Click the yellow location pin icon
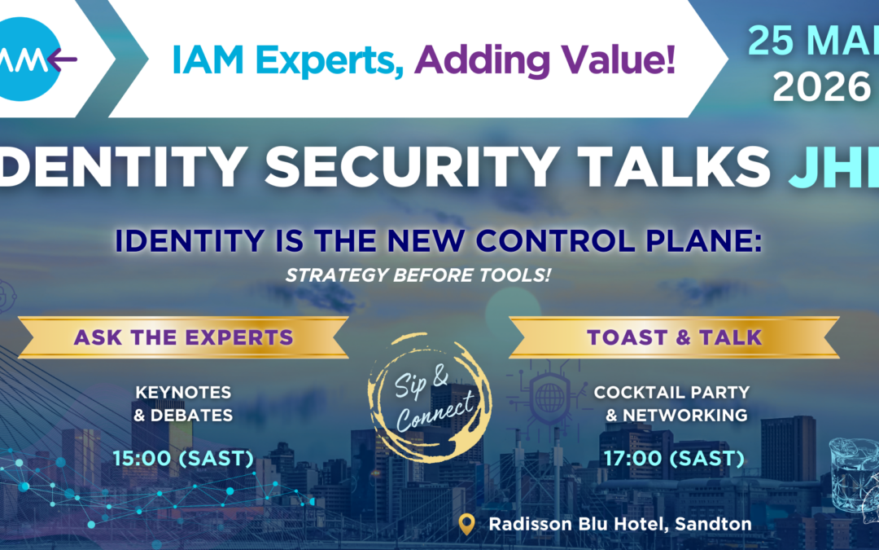[466, 523]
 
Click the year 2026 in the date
[821, 87]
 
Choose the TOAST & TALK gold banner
[674, 337]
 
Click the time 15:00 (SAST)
[184, 459]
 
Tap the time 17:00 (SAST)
[674, 459]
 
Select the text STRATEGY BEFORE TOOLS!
[418, 275]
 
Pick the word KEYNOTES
[184, 393]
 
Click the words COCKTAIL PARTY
[671, 393]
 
